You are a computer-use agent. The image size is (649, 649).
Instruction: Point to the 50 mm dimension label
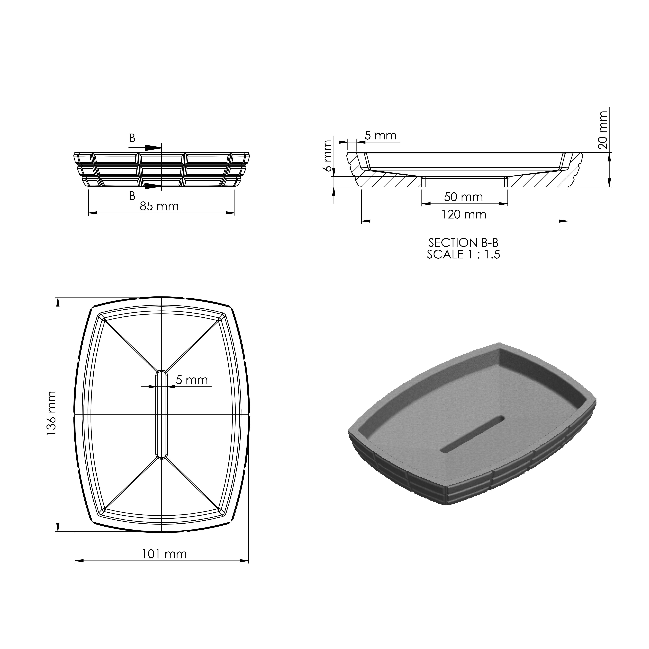click(x=464, y=197)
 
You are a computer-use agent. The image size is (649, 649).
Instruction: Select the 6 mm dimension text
click(x=328, y=156)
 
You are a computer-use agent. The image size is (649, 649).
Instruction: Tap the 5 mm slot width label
click(x=192, y=380)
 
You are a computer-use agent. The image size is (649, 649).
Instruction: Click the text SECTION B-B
click(x=463, y=243)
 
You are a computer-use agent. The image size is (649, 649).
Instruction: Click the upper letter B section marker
click(x=132, y=138)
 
